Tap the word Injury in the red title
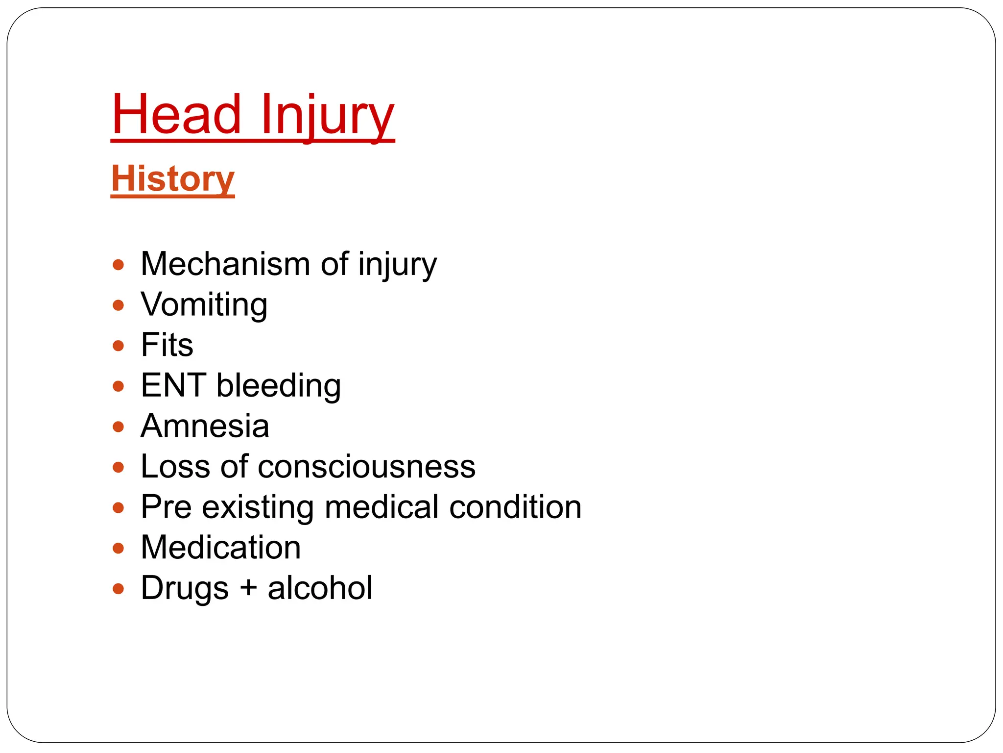[327, 116]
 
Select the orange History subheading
[173, 179]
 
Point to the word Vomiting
[204, 305]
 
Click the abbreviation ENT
[173, 385]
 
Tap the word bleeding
[279, 385]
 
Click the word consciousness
[366, 466]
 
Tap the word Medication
[220, 547]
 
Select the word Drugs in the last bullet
[185, 588]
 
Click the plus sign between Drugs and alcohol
[249, 588]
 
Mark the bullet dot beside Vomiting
[118, 305]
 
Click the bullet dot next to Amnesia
[118, 427]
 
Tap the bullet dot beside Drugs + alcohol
[118, 588]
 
